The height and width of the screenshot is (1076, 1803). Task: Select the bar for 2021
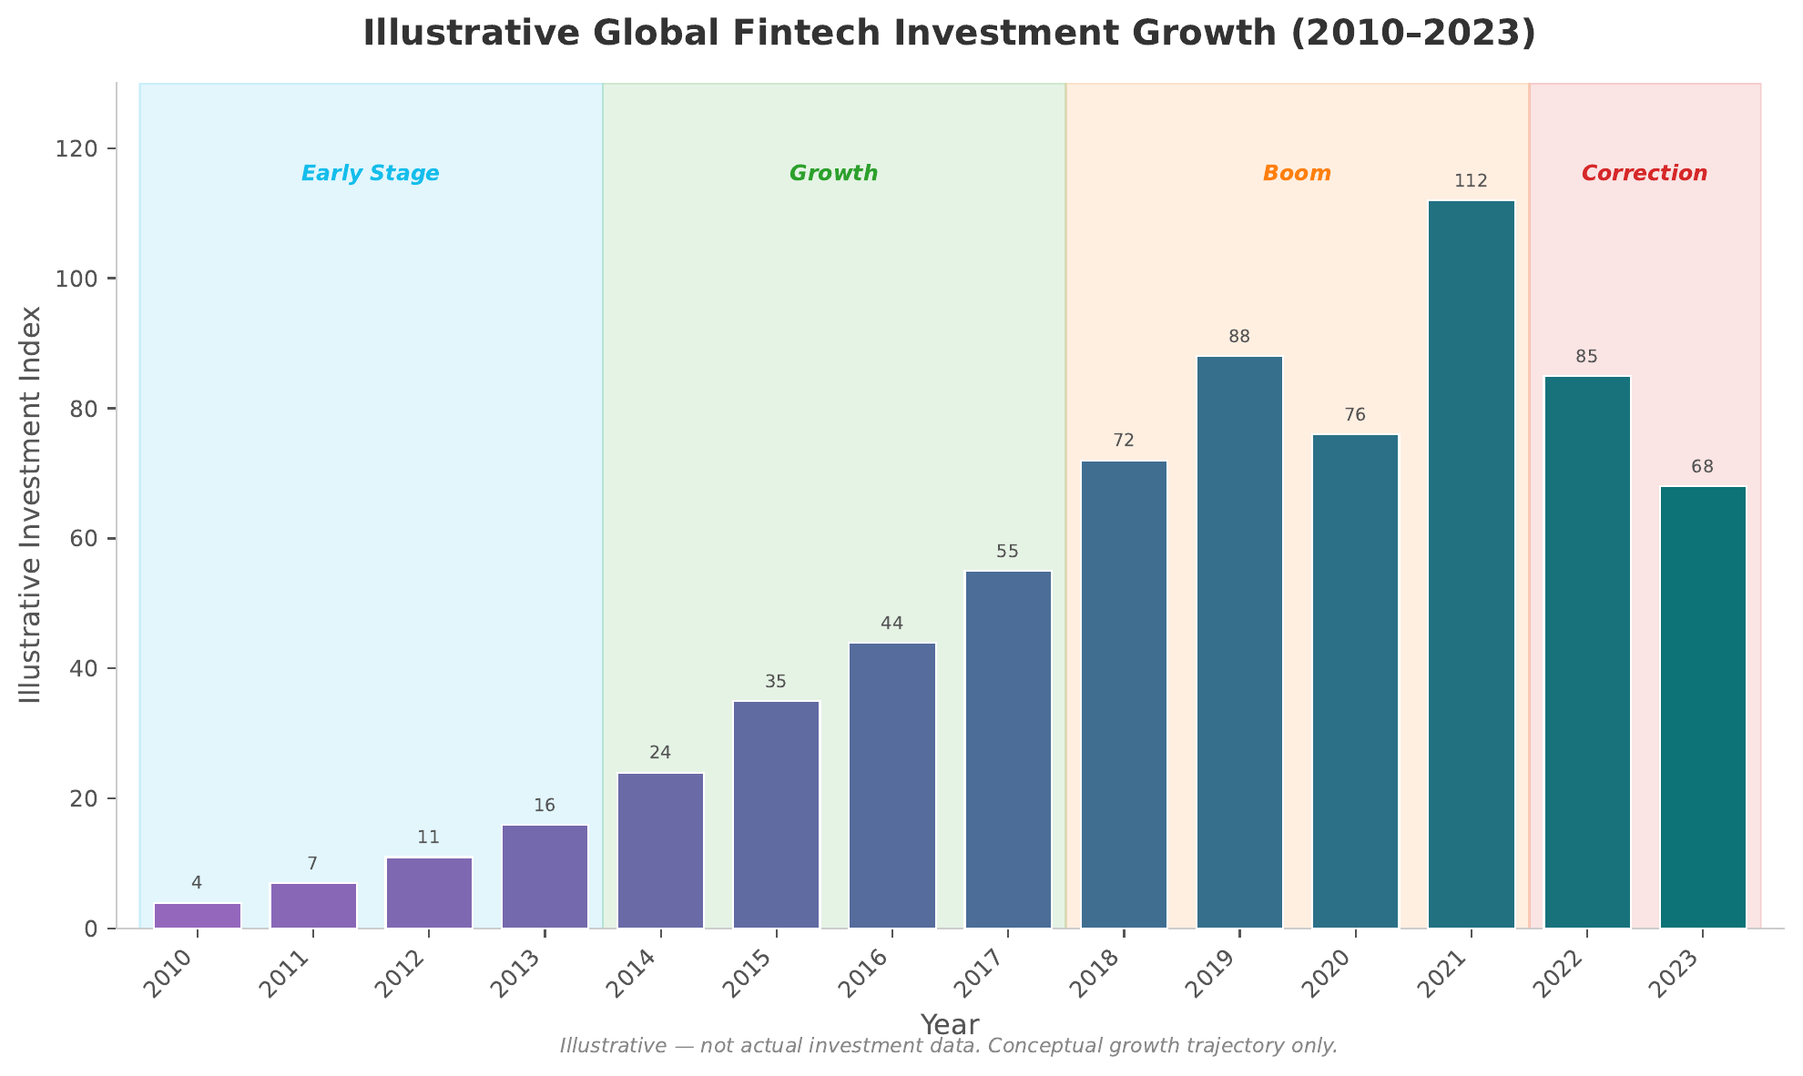(x=1471, y=564)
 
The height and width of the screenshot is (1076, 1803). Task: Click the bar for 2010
(x=197, y=915)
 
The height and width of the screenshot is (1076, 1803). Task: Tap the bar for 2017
(x=1007, y=749)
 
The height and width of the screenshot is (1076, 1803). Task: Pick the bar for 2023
(x=1702, y=707)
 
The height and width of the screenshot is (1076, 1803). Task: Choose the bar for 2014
(x=660, y=850)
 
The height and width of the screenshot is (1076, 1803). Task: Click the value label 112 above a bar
(x=1471, y=181)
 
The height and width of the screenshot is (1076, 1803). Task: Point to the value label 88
(x=1239, y=337)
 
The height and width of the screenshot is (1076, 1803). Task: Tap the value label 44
(x=891, y=624)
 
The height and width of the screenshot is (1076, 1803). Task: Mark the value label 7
(x=312, y=864)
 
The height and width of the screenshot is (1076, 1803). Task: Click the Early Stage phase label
(x=371, y=173)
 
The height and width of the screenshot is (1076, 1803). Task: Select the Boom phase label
(x=1297, y=173)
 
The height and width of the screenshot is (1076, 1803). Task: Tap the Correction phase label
(x=1645, y=173)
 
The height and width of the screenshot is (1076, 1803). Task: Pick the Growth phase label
(x=833, y=173)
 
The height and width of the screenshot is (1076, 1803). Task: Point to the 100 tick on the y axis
(x=87, y=279)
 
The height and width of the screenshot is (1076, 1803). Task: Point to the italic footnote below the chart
(x=949, y=1046)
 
